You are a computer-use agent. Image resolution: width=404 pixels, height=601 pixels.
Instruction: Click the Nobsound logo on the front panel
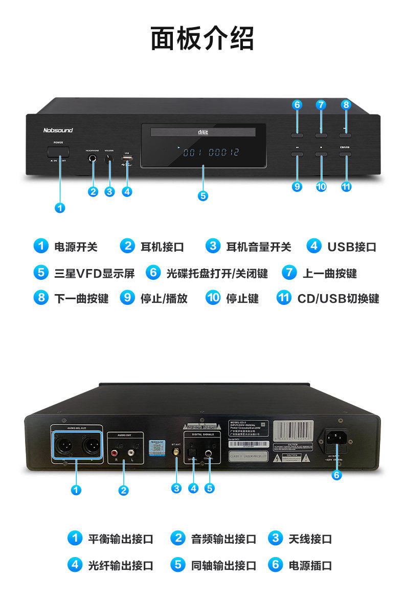pyautogui.click(x=58, y=130)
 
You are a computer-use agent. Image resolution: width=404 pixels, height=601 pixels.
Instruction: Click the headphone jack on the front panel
pyautogui.click(x=93, y=158)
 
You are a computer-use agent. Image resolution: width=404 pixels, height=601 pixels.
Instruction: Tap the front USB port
pyautogui.click(x=127, y=160)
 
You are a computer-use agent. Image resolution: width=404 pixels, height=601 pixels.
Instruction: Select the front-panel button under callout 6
pyautogui.click(x=297, y=135)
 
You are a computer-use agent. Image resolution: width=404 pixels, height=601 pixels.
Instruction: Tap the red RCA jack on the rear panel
pyautogui.click(x=118, y=452)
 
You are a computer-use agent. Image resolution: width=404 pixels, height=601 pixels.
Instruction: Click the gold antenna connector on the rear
pyautogui.click(x=176, y=452)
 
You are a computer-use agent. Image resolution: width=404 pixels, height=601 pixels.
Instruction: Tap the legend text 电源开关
pyautogui.click(x=76, y=247)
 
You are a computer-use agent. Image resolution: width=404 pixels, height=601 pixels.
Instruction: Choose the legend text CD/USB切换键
pyautogui.click(x=338, y=298)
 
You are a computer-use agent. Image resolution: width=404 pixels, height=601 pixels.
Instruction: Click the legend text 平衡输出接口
pyautogui.click(x=121, y=539)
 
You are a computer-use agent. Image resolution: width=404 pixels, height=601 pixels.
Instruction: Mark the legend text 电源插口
pyautogui.click(x=310, y=565)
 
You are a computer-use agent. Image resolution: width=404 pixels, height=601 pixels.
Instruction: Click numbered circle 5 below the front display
pyautogui.click(x=203, y=195)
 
